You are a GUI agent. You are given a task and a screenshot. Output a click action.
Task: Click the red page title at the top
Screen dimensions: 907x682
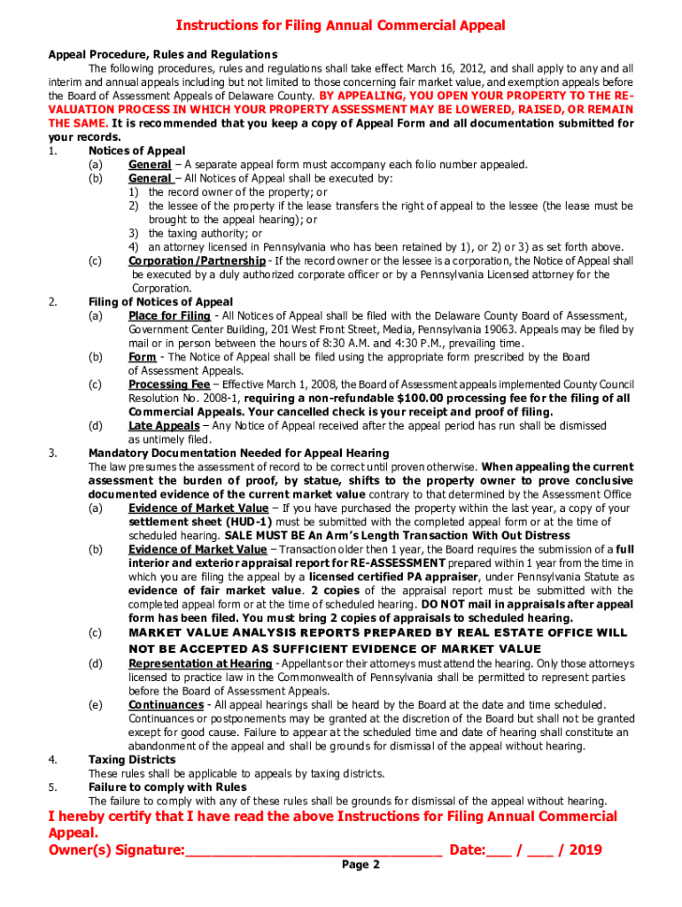(340, 26)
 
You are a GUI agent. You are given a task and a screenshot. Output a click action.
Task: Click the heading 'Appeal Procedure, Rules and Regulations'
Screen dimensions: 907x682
(162, 54)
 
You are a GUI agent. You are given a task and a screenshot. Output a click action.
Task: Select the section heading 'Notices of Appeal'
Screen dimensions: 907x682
(136, 151)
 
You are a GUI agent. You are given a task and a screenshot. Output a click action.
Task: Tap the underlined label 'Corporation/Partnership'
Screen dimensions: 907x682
(197, 260)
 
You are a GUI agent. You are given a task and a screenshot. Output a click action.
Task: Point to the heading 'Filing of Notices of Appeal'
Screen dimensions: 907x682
(161, 302)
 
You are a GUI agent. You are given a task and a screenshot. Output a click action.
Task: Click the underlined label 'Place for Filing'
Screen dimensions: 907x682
(169, 316)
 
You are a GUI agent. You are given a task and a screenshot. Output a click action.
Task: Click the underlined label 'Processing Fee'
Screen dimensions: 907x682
(169, 384)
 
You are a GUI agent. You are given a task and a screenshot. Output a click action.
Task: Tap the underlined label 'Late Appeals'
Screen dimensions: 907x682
(164, 426)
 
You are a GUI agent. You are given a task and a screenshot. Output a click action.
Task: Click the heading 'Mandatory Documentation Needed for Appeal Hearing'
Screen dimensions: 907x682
(238, 453)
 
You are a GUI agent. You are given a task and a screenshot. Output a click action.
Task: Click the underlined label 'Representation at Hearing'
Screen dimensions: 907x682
(200, 663)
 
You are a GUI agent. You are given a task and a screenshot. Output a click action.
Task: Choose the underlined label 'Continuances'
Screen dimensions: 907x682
(166, 705)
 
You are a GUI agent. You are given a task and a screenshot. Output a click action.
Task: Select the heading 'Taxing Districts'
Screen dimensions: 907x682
(132, 760)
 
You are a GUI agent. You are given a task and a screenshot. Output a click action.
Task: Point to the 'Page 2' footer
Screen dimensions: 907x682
(360, 865)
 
